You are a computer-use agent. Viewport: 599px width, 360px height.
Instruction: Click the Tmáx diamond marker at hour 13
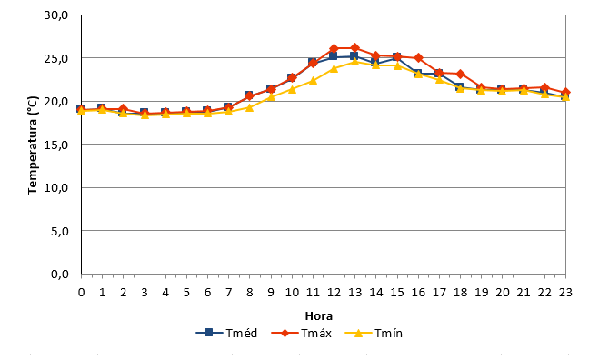pyautogui.click(x=354, y=48)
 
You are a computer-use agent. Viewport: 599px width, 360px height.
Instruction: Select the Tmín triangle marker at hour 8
pyautogui.click(x=249, y=107)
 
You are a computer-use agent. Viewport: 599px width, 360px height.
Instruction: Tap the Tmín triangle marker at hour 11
pyautogui.click(x=313, y=81)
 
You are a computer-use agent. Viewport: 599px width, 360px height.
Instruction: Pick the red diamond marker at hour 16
pyautogui.click(x=418, y=57)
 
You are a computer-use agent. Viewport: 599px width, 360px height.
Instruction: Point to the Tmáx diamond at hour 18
pyautogui.click(x=460, y=74)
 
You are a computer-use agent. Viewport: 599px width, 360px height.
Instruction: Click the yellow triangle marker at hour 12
pyautogui.click(x=334, y=68)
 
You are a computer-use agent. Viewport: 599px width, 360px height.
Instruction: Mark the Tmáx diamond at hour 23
pyautogui.click(x=565, y=92)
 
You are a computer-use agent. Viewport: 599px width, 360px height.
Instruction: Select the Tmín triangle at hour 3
pyautogui.click(x=145, y=115)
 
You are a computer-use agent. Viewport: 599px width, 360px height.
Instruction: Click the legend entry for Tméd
pyautogui.click(x=226, y=333)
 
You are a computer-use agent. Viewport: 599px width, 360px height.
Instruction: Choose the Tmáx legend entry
pyautogui.click(x=302, y=333)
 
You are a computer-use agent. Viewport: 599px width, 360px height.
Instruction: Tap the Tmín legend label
pyautogui.click(x=388, y=334)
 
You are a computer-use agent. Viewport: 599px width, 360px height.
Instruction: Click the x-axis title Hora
pyautogui.click(x=319, y=316)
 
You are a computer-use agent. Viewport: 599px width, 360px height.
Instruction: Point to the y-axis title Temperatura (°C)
pyautogui.click(x=33, y=145)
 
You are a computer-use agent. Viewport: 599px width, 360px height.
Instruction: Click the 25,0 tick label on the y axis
pyautogui.click(x=56, y=58)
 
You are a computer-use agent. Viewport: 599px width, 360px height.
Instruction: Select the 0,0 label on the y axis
pyautogui.click(x=60, y=274)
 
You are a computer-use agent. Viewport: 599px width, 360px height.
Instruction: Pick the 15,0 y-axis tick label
pyautogui.click(x=56, y=145)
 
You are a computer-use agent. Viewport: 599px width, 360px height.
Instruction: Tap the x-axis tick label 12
pyautogui.click(x=334, y=293)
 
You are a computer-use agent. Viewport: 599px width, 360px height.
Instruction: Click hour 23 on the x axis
pyautogui.click(x=565, y=293)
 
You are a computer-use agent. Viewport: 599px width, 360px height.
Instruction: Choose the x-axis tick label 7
pyautogui.click(x=228, y=293)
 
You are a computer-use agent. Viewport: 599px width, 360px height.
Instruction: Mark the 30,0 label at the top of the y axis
pyautogui.click(x=56, y=15)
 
